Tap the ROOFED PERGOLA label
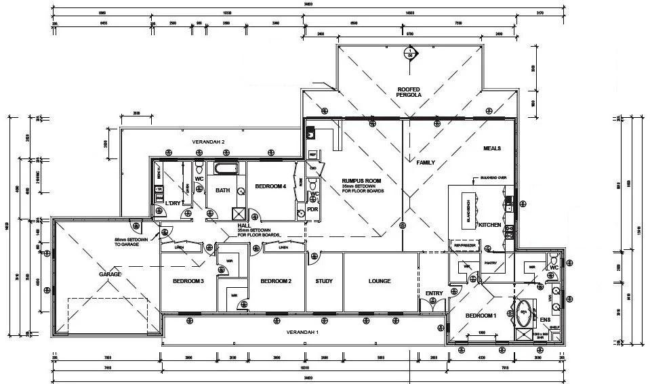(409, 92)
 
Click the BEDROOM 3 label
(188, 281)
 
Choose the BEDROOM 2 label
(276, 281)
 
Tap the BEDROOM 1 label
(481, 316)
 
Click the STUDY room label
(324, 281)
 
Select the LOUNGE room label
(380, 281)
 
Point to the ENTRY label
(433, 293)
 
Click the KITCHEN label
(489, 224)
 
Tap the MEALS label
(492, 148)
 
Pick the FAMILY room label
(426, 163)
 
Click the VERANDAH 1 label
(302, 332)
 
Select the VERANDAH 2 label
(208, 142)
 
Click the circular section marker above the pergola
(409, 53)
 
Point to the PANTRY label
(491, 263)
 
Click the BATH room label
(223, 190)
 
